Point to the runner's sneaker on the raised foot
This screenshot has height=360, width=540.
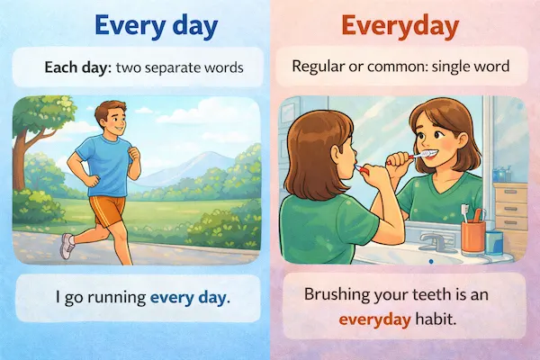[x=67, y=246]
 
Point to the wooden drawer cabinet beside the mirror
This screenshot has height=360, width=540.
[x=511, y=202]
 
